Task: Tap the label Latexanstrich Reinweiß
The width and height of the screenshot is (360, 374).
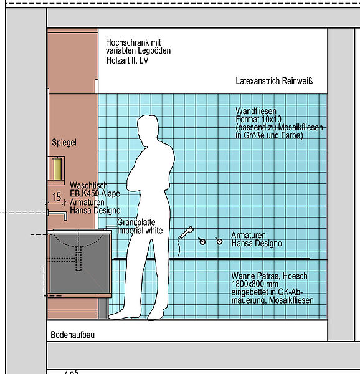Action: (274, 81)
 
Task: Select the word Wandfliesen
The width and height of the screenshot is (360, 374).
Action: (256, 111)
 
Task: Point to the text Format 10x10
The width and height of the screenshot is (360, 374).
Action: (258, 119)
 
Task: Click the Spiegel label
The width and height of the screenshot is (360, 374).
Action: (64, 142)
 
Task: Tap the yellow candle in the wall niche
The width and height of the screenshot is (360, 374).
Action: (57, 169)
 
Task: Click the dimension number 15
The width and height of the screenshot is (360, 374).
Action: (57, 197)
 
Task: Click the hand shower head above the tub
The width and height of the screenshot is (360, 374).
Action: (187, 233)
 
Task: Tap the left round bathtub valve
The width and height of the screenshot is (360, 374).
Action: (202, 241)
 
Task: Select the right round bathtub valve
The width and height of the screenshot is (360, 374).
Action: (219, 241)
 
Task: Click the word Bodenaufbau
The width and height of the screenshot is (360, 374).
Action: (73, 335)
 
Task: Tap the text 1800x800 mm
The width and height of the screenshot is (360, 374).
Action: (255, 284)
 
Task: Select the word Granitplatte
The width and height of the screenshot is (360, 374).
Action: (136, 223)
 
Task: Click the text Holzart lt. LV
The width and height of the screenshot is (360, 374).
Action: (127, 60)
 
